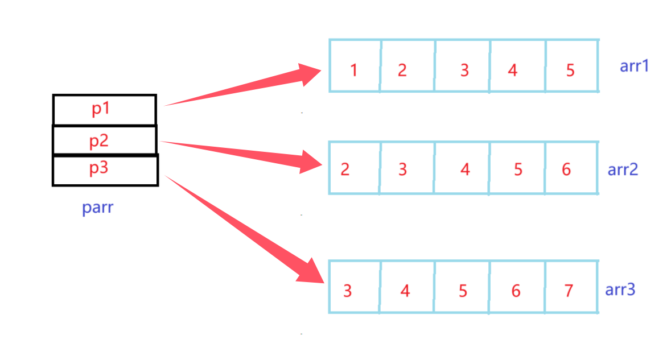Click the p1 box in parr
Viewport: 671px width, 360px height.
coord(104,110)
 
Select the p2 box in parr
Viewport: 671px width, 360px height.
coord(104,140)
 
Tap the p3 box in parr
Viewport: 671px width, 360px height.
coord(105,170)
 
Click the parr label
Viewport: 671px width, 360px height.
coord(98,208)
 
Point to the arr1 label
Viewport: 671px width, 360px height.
coord(634,66)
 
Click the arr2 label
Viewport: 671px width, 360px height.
coord(623,169)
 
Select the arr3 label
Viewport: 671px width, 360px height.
coord(620,290)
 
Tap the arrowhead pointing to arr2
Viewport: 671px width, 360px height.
coord(310,162)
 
